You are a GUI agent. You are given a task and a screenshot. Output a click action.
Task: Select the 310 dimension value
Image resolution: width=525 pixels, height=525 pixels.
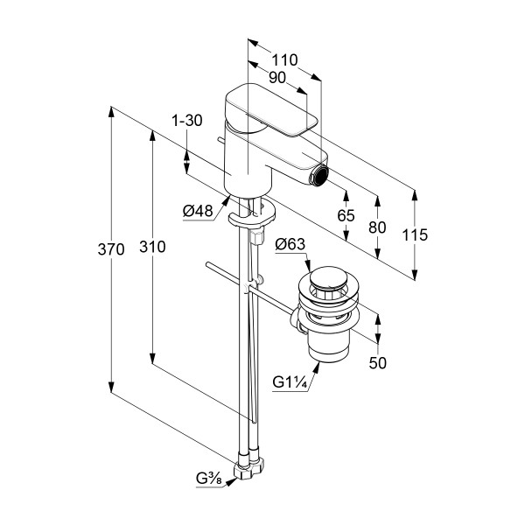(x=151, y=248)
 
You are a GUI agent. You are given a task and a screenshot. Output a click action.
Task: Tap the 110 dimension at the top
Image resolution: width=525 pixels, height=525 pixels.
(x=284, y=60)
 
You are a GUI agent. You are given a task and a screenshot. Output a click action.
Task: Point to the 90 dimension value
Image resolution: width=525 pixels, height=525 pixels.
(x=277, y=77)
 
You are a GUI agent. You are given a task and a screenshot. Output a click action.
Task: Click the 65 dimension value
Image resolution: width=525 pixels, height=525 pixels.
(x=346, y=215)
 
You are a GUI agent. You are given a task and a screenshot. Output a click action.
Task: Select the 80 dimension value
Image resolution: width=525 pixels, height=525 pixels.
(x=377, y=227)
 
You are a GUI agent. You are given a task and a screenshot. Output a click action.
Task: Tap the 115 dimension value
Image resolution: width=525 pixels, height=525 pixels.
(x=416, y=234)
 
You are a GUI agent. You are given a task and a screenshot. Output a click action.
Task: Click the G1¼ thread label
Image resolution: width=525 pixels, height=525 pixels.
(x=290, y=381)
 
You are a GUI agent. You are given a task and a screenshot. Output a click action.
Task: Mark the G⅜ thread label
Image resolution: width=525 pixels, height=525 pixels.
(x=208, y=478)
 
